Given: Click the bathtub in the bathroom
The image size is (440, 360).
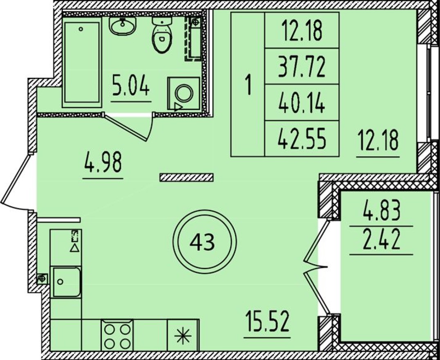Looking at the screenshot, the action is tap(82, 62).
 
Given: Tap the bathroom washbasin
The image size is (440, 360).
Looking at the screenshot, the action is tap(122, 26).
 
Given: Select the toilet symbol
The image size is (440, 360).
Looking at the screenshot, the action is tap(162, 35).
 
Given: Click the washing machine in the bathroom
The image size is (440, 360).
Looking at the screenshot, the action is tap(184, 93).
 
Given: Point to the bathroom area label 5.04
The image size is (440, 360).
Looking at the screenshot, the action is tap(131, 85).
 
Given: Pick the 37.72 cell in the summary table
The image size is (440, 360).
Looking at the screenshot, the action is tap(302, 66).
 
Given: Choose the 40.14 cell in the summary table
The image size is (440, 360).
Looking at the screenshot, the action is tap(302, 103).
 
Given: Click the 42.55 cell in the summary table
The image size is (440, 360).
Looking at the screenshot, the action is tap(302, 139).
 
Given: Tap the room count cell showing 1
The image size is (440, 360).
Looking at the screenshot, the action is tap(248, 84).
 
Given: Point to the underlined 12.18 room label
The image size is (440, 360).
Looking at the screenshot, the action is tap(378, 141).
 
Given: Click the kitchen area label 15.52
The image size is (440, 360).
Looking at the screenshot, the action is tap(267, 321).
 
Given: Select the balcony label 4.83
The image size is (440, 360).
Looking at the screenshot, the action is tap(382, 211).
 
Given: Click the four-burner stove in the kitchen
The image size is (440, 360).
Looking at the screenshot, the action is tap(117, 335).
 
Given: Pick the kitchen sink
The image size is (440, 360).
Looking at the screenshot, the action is tap(66, 281).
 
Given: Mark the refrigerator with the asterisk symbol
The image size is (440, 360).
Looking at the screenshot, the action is tap(183, 335).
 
